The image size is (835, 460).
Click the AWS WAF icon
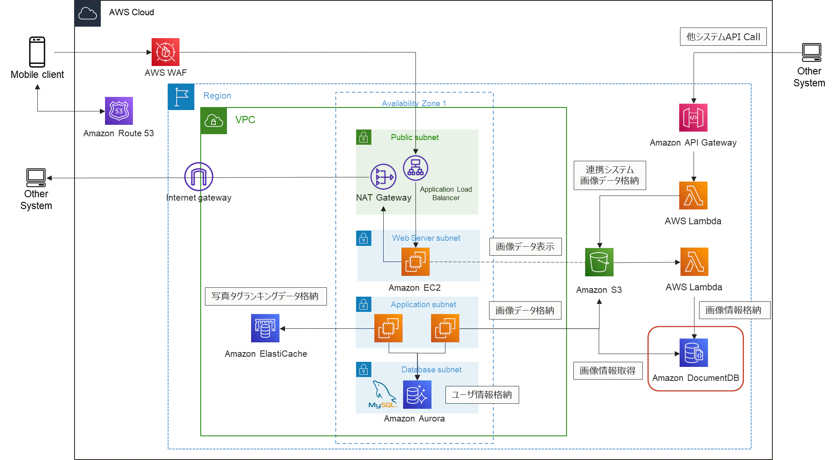click(x=166, y=52)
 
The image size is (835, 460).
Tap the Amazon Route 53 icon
click(x=119, y=111)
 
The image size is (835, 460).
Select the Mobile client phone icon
click(x=37, y=52)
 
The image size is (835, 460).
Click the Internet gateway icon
click(x=199, y=177)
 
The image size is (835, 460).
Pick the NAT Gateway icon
click(x=383, y=177)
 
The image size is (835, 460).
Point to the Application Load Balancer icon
click(x=415, y=168)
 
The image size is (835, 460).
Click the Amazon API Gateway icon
click(x=694, y=118)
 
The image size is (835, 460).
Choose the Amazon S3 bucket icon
click(x=599, y=262)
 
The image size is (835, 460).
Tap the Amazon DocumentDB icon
click(x=694, y=353)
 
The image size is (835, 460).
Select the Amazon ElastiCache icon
click(x=265, y=328)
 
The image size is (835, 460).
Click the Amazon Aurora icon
click(x=417, y=395)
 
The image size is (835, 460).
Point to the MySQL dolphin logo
click(x=383, y=394)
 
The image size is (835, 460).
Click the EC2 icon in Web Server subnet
click(x=415, y=262)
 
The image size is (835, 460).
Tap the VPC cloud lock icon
click(x=214, y=121)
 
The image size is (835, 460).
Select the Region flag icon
click(x=181, y=97)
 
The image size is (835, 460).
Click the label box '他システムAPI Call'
click(x=723, y=37)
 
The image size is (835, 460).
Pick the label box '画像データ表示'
click(x=525, y=247)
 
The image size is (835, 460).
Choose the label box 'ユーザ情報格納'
click(x=482, y=395)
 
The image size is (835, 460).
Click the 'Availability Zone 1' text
click(x=414, y=103)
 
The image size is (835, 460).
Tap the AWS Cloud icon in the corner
click(x=88, y=14)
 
